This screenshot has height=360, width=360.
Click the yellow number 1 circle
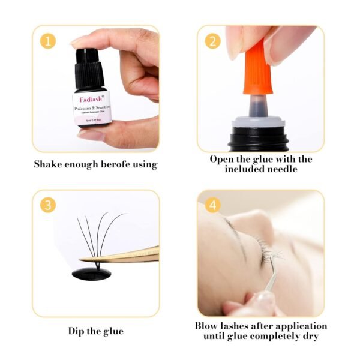[x=48, y=40]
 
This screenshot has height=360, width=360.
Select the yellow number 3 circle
[x=48, y=205]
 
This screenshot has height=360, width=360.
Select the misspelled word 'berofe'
[x=116, y=164]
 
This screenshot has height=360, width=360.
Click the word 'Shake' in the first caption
[x=47, y=164]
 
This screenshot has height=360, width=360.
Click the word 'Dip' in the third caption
[x=76, y=331]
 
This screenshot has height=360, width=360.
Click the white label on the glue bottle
[x=90, y=108]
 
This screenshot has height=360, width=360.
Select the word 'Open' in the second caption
[x=221, y=159]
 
